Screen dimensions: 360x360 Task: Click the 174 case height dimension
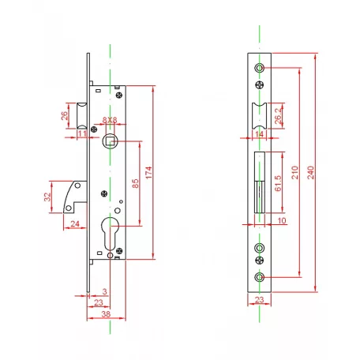pyautogui.click(x=149, y=173)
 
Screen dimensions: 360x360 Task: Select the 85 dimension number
pyautogui.click(x=135, y=183)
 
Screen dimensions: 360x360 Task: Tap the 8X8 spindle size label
pyautogui.click(x=110, y=120)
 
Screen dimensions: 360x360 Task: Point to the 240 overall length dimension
pyautogui.click(x=311, y=173)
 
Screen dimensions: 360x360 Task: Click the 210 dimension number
pyautogui.click(x=295, y=173)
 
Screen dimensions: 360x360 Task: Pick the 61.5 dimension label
pyautogui.click(x=278, y=183)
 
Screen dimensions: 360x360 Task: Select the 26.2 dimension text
pyautogui.click(x=279, y=116)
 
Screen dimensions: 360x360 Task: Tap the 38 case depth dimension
pyautogui.click(x=106, y=314)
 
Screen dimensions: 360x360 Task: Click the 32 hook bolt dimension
pyautogui.click(x=47, y=197)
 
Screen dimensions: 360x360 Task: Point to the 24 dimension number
pyautogui.click(x=75, y=223)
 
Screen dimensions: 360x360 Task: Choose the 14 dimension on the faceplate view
pyautogui.click(x=259, y=134)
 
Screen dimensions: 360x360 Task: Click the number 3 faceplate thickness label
pyautogui.click(x=105, y=291)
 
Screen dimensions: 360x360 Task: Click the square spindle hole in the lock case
pyautogui.click(x=110, y=141)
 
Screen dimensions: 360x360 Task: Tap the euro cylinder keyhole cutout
pyautogui.click(x=110, y=234)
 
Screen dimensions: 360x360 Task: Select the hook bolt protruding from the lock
pyautogui.click(x=75, y=197)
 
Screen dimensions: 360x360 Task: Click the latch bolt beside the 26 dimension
pyautogui.click(x=81, y=116)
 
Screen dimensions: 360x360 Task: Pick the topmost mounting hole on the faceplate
pyautogui.click(x=260, y=68)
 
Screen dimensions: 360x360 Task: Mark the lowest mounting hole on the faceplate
pyautogui.click(x=260, y=277)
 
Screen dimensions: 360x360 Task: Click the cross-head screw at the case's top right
pyautogui.click(x=119, y=95)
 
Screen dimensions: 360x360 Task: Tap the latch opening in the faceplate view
pyautogui.click(x=260, y=116)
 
